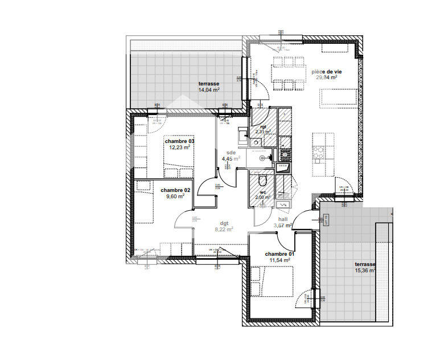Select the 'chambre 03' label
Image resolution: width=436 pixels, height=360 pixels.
pyautogui.click(x=179, y=141)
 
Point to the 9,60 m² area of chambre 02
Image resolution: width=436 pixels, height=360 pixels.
pyautogui.click(x=175, y=197)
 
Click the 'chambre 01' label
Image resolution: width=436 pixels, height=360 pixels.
pyautogui.click(x=279, y=253)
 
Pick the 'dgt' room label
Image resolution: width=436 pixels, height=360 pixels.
pyautogui.click(x=224, y=223)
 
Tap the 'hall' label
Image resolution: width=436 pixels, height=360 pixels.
pyautogui.click(x=283, y=219)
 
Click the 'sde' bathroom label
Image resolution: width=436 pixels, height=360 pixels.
pyautogui.click(x=231, y=153)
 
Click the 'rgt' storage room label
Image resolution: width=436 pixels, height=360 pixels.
pyautogui.click(x=263, y=126)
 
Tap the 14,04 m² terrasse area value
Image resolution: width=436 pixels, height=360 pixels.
pyautogui.click(x=209, y=90)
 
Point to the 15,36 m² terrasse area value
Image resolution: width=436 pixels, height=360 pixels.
pyautogui.click(x=365, y=271)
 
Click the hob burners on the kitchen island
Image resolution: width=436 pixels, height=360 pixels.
pyautogui.click(x=320, y=152)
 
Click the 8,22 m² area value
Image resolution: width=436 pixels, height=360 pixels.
pyautogui.click(x=223, y=230)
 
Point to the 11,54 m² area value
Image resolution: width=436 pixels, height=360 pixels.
pyautogui.click(x=279, y=260)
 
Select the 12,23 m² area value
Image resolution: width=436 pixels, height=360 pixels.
pyautogui.click(x=179, y=148)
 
